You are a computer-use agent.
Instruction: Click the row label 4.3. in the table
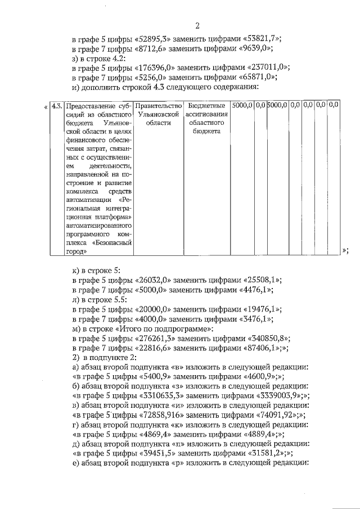(56, 106)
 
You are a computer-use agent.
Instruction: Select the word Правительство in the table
(159, 106)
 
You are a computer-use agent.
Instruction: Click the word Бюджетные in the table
(206, 106)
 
